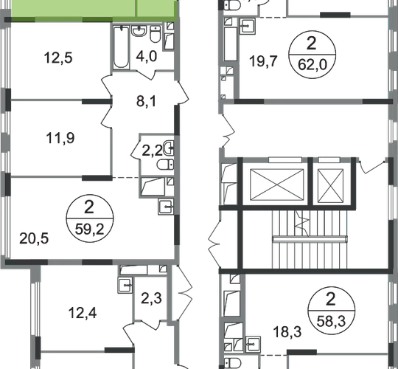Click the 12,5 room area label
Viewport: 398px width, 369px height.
[x=58, y=58]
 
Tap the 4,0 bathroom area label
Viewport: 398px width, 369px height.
[x=147, y=56]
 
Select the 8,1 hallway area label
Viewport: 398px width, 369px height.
[x=146, y=101]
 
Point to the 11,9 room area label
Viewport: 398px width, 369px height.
[x=60, y=139]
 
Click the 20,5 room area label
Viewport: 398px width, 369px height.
[x=34, y=238]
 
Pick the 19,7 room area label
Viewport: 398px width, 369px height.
[x=263, y=61]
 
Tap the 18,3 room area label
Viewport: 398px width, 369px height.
[x=287, y=332]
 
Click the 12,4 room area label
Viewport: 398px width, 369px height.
[x=83, y=313]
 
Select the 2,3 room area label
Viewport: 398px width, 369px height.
[x=151, y=298]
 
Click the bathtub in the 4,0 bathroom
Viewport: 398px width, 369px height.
[x=121, y=47]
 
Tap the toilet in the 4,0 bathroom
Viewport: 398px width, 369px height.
[x=156, y=34]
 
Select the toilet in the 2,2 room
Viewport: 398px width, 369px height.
[x=165, y=165]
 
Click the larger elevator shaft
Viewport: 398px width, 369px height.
[x=276, y=184]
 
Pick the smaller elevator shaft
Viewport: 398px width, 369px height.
[x=330, y=186]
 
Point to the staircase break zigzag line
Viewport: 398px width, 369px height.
[x=303, y=224]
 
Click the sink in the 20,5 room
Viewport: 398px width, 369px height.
[x=166, y=207]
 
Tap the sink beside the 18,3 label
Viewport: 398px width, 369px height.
[x=253, y=345]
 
